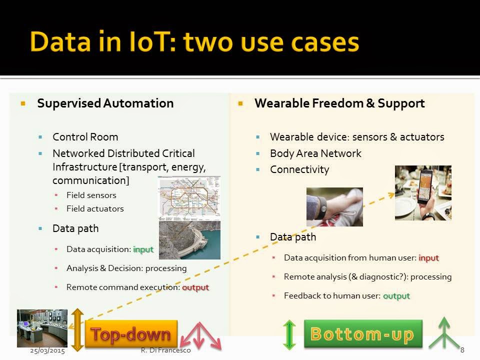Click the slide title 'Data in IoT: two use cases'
pos(194,42)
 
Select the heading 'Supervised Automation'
pos(105,103)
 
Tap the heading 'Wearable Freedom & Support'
pos(339,103)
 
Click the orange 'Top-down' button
pos(131,333)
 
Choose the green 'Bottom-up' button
pos(363,333)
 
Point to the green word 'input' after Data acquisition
pos(143,249)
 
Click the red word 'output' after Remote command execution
pos(195,287)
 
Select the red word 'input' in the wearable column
pos(428,258)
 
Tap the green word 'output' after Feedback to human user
pos(396,296)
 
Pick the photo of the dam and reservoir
pos(190,240)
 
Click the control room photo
pos(42,328)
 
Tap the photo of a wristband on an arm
pos(334,207)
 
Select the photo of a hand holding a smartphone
pos(423,193)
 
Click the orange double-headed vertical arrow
pos(78,330)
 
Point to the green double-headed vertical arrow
pos(289,334)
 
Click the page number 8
pos(462,350)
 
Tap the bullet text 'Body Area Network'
pos(315,153)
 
